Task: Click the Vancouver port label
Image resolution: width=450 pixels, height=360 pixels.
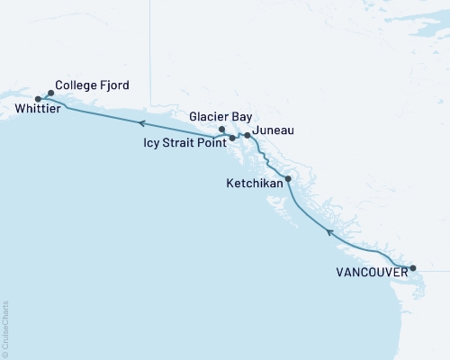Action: tap(368, 270)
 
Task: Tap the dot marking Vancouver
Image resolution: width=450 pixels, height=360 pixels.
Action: tap(413, 268)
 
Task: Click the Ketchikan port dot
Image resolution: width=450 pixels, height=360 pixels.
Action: tap(288, 179)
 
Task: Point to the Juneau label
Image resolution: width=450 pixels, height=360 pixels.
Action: tap(275, 131)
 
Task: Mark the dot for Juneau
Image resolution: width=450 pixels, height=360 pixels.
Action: tap(248, 136)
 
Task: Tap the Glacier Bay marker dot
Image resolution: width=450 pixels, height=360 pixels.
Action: tap(222, 129)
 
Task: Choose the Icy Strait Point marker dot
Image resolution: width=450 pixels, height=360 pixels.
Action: tap(232, 139)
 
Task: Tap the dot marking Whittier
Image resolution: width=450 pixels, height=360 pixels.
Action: tap(38, 98)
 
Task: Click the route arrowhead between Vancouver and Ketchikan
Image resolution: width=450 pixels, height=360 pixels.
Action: tap(330, 233)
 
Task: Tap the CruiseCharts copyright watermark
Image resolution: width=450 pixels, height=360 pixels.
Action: tap(6, 329)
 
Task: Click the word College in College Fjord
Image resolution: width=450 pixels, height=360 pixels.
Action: tap(76, 85)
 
